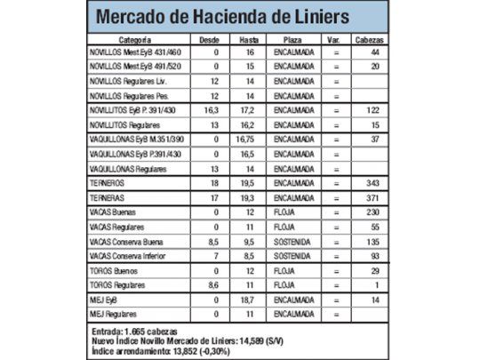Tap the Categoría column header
pos(132,40)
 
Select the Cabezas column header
pos(370,40)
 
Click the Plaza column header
pos(292,40)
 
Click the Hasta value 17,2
pos(249,109)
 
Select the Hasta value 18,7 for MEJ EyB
pos(249,300)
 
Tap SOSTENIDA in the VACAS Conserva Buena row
pos(292,240)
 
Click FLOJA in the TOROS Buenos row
pos(284,268)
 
